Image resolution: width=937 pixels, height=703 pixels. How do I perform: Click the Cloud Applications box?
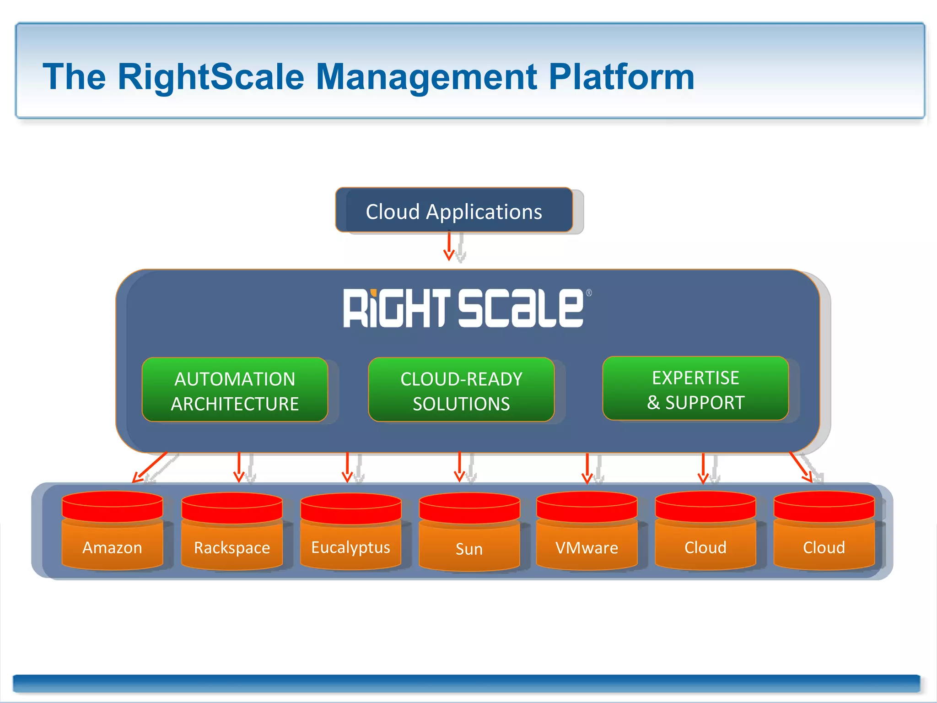454,211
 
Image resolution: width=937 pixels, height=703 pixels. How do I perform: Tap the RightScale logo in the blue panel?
463,308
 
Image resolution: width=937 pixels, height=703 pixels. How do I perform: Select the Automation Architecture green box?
235,390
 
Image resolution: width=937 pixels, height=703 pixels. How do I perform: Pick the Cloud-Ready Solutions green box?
461,390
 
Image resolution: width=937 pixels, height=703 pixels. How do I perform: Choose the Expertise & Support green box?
695,389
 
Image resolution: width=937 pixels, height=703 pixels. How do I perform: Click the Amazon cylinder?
113,533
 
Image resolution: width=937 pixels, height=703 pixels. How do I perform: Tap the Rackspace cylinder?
232,533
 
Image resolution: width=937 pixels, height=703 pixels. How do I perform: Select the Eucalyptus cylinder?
351,533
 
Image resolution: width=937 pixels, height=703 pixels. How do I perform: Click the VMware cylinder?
587,533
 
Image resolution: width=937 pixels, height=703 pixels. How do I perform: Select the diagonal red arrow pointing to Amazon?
150,467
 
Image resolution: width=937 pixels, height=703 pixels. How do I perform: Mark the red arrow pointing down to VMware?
587,468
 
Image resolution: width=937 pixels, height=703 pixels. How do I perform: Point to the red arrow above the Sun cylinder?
460,467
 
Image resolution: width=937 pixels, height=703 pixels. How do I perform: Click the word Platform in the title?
621,77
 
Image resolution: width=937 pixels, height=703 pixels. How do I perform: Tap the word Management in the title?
426,77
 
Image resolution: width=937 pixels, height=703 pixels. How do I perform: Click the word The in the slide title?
74,77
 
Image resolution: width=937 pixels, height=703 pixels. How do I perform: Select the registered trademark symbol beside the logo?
589,293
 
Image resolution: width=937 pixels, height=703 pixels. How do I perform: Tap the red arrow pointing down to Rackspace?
239,467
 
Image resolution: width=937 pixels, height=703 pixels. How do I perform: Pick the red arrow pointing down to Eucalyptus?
347,467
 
